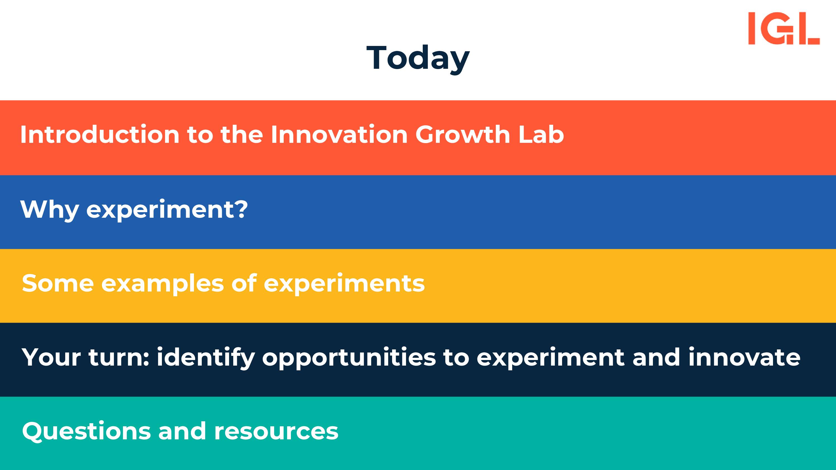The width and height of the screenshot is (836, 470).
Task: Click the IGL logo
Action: [x=784, y=28]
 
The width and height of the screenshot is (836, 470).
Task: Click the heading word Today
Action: [x=418, y=59]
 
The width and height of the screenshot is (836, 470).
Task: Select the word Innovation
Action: [x=339, y=134]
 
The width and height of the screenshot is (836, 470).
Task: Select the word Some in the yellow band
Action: [x=58, y=283]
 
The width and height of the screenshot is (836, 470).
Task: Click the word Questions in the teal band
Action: [x=86, y=431]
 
